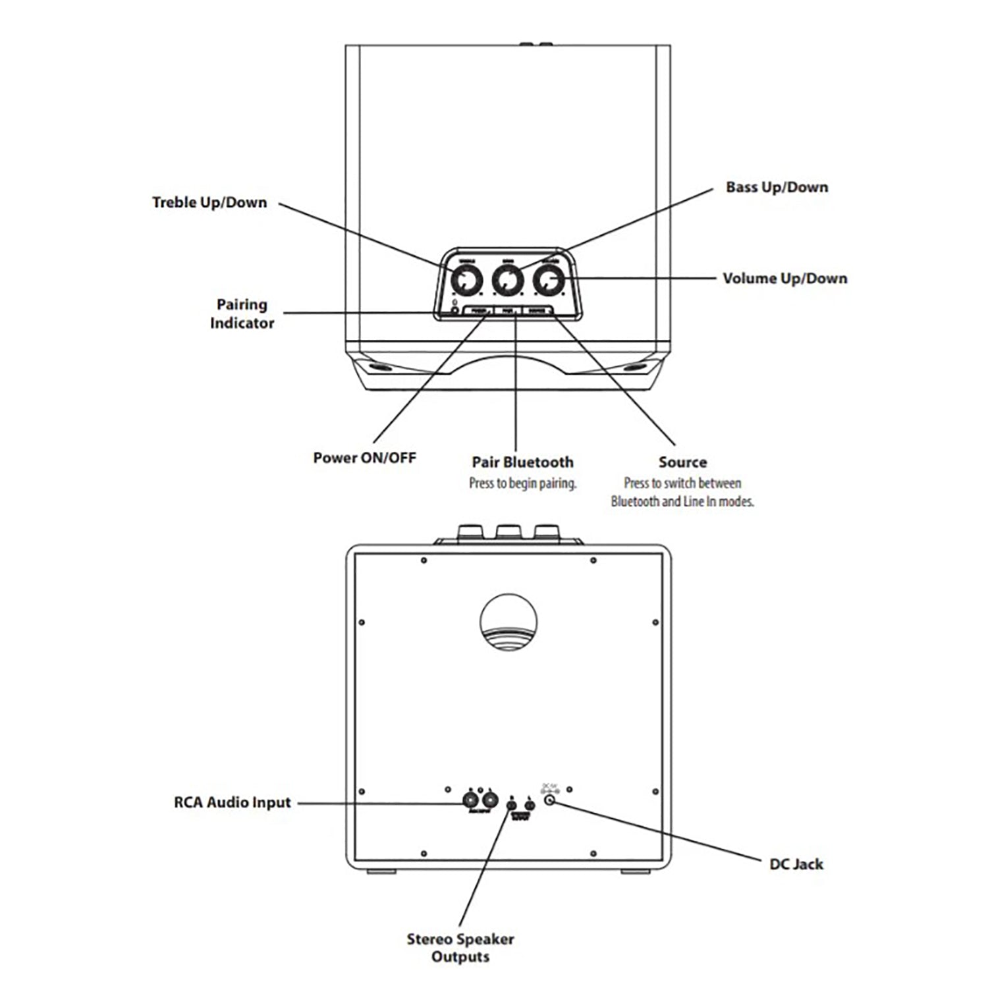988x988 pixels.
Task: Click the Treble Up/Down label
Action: click(209, 202)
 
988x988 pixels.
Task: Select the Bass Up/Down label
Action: click(777, 187)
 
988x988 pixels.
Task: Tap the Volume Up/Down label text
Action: click(784, 278)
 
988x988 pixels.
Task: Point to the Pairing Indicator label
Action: click(242, 314)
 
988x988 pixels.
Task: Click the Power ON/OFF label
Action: click(364, 458)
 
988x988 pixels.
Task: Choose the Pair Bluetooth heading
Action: click(522, 462)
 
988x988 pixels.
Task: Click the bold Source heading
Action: click(682, 462)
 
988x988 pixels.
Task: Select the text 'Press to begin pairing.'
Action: click(522, 483)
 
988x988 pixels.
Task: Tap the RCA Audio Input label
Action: click(232, 802)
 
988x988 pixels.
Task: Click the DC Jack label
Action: click(796, 864)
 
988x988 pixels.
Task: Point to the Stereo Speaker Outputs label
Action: click(460, 947)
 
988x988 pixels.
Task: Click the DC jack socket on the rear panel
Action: click(550, 801)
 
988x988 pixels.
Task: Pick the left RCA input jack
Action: click(471, 801)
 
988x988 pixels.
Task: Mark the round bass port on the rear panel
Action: click(508, 622)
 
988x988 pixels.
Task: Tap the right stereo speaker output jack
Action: click(529, 804)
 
